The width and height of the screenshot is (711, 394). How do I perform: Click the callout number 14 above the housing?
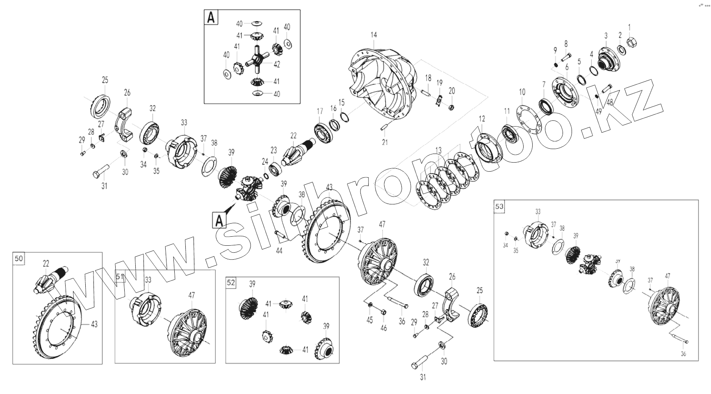pos(373,35)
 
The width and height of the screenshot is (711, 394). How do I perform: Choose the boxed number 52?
pos(231,282)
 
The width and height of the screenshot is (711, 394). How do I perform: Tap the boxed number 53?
pos(499,206)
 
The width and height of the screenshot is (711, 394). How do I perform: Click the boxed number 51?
pos(119,276)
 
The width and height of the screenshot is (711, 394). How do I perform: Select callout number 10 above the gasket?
pos(522,92)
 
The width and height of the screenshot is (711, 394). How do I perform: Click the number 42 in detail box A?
pos(277,64)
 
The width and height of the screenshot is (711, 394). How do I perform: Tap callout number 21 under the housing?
pos(385,143)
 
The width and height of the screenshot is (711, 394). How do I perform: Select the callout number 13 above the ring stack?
pos(439,151)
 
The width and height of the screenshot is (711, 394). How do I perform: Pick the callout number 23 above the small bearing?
pos(274,150)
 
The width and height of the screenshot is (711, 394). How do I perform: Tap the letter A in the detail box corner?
pos(210,18)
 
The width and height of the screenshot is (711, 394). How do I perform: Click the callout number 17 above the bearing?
pos(320,111)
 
